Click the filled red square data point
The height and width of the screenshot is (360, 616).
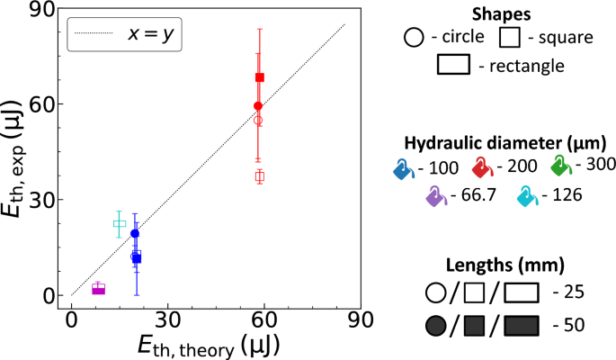pyautogui.click(x=260, y=77)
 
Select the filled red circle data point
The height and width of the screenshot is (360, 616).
pyautogui.click(x=258, y=106)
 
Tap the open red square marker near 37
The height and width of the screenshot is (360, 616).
pyautogui.click(x=260, y=176)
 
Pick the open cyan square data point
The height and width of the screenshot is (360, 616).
pyautogui.click(x=120, y=223)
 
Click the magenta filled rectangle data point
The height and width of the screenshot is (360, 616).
pyautogui.click(x=99, y=289)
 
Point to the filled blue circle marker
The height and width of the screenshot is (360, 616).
pyautogui.click(x=135, y=234)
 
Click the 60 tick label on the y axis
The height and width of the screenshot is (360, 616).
pyautogui.click(x=45, y=104)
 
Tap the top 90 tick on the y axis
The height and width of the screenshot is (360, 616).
pyautogui.click(x=45, y=9)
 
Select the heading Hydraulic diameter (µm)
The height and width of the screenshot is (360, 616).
pyautogui.click(x=504, y=142)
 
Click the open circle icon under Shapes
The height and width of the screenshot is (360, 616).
pyautogui.click(x=414, y=38)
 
